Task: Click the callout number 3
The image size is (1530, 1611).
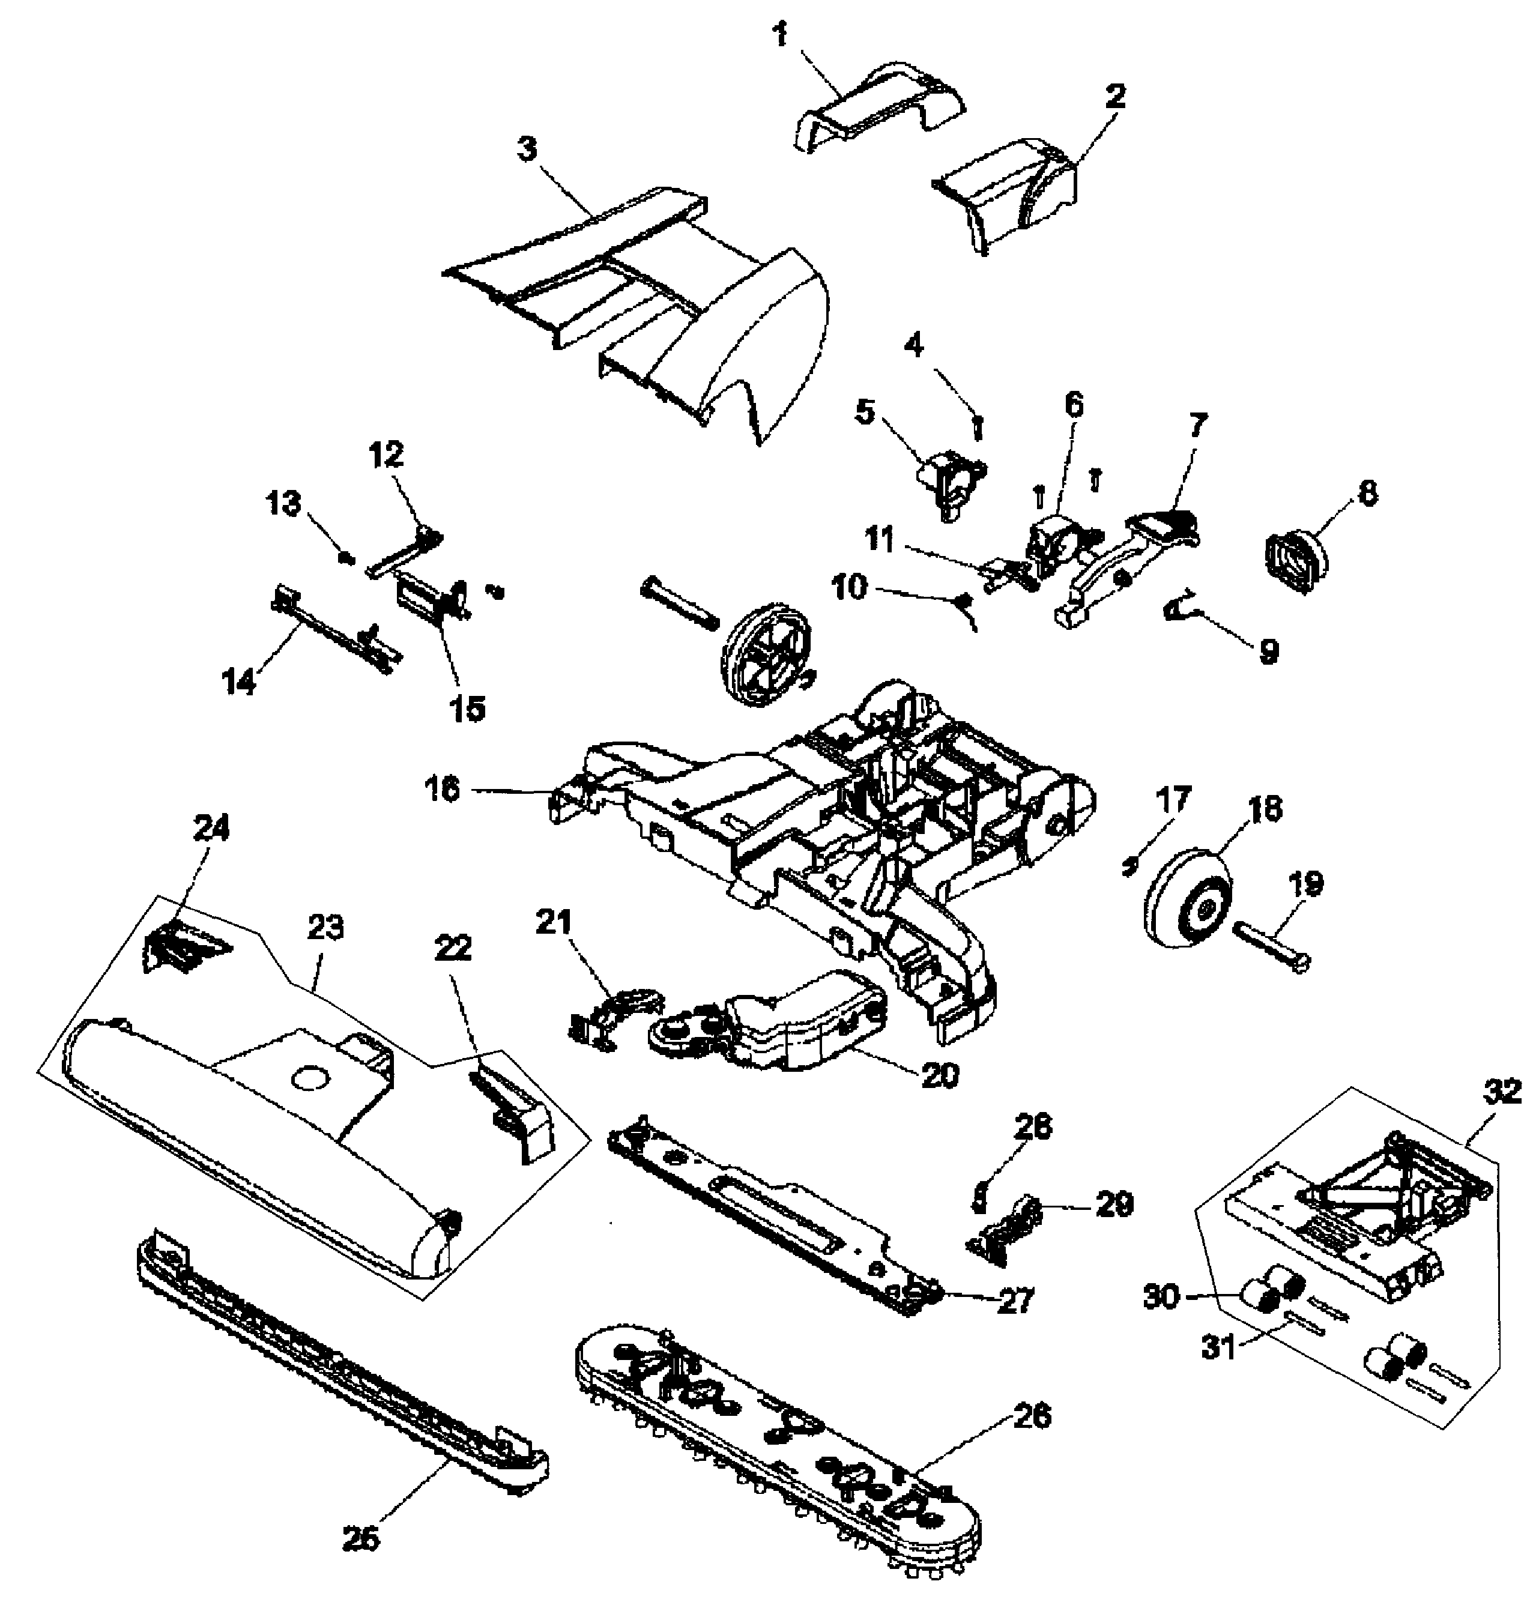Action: click(x=528, y=150)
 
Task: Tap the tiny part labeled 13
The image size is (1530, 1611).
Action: click(x=346, y=558)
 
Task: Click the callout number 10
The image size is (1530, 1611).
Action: click(x=849, y=587)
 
